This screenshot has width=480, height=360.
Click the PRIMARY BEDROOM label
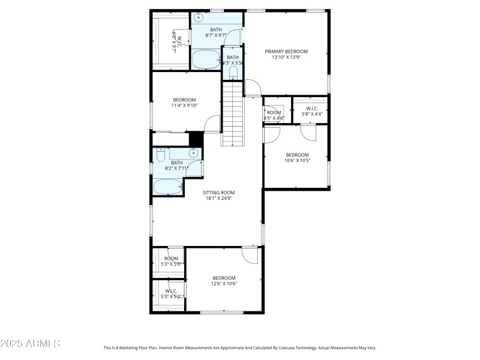(286, 52)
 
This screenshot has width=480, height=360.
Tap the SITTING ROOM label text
(218, 193)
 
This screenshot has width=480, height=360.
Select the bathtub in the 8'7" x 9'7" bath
(206, 59)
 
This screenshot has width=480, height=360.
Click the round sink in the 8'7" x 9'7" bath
(199, 17)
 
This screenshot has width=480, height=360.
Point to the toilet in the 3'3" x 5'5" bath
(233, 73)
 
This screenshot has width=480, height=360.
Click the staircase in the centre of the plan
(233, 113)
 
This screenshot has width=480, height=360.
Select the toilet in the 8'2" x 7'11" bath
(160, 155)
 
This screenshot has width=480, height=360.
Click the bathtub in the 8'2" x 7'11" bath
(167, 187)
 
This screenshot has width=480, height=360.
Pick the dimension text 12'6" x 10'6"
(224, 284)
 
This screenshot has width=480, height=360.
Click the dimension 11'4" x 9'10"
(184, 106)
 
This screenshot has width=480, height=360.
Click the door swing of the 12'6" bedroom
(250, 255)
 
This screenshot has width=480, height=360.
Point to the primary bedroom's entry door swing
(253, 88)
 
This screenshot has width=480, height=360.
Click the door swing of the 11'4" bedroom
(212, 124)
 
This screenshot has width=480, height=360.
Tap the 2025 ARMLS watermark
(30, 344)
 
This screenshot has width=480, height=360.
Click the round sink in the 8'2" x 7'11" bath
(194, 153)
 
